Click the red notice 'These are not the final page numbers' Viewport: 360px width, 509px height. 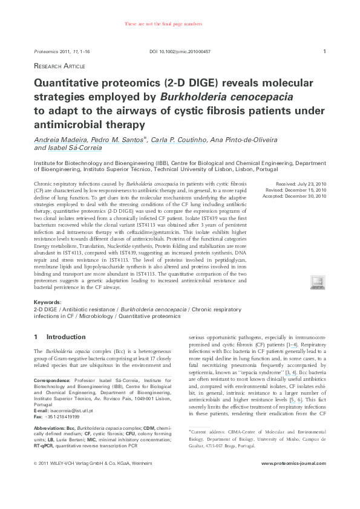tap(163, 24)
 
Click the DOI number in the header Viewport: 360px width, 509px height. tap(180, 52)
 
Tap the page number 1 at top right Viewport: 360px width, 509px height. tap(325, 51)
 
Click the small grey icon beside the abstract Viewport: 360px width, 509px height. tap(317, 281)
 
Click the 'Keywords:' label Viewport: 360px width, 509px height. tap(47, 302)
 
